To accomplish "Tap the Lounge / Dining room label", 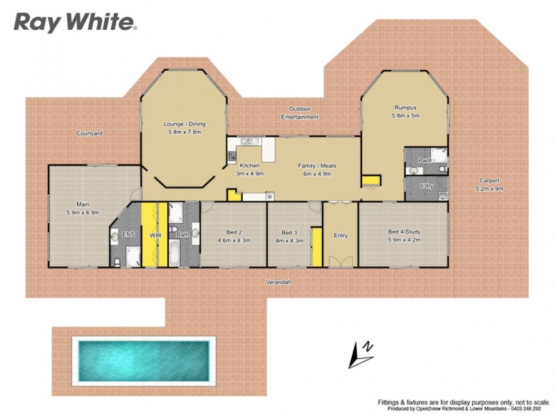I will pos(184,124).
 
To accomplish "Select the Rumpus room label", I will pos(405,107).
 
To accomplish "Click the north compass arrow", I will pos(361,354).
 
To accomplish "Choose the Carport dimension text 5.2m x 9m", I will pos(489,189).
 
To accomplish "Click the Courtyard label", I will pos(89,133).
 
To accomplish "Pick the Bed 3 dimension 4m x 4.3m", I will pos(289,240).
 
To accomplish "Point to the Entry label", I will pos(341,236).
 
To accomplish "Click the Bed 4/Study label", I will pos(404,232).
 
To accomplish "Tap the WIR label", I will pos(155,236).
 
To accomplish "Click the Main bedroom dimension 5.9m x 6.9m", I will pos(83,213).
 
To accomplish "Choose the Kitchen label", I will pos(249,166).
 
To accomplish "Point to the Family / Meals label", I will pos(315,166).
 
